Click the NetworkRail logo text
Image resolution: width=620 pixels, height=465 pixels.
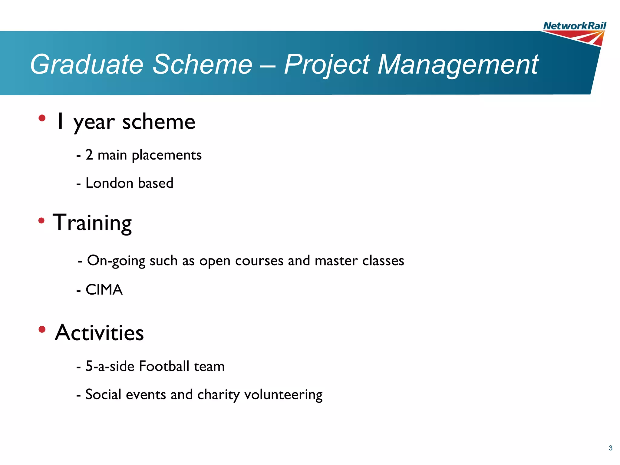pyautogui.click(x=574, y=26)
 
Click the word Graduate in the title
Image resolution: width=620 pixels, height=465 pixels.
pyautogui.click(x=87, y=64)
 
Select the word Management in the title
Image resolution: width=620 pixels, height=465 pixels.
pyautogui.click(x=457, y=64)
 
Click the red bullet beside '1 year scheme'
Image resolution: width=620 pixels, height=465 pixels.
pyautogui.click(x=42, y=118)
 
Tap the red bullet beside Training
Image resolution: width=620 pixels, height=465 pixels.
pyautogui.click(x=41, y=221)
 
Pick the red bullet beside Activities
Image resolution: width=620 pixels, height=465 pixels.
pyautogui.click(x=42, y=329)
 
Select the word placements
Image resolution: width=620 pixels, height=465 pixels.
pyautogui.click(x=167, y=155)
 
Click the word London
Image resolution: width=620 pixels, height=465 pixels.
pyautogui.click(x=109, y=183)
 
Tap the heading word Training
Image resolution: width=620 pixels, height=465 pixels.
pyautogui.click(x=92, y=223)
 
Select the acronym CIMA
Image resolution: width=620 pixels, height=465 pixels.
pyautogui.click(x=104, y=290)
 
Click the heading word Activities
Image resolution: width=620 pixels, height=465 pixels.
pyautogui.click(x=99, y=333)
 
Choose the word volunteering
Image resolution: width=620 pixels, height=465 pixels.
pyautogui.click(x=283, y=395)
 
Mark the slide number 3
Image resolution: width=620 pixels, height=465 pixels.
pyautogui.click(x=610, y=448)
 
